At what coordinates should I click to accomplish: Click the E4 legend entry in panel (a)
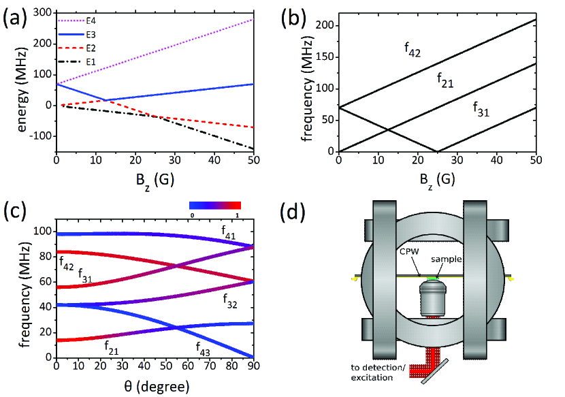(x=93, y=22)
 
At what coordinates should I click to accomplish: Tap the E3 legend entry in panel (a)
(x=93, y=35)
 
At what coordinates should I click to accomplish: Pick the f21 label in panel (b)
(x=445, y=82)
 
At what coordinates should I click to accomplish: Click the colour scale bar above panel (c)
(x=214, y=205)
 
